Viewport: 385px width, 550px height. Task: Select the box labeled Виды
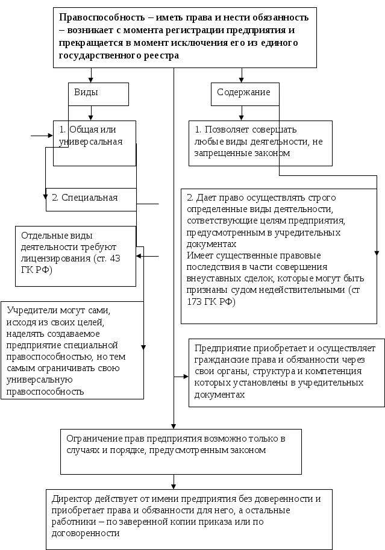tap(99, 93)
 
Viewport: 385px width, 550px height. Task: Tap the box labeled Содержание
tap(244, 93)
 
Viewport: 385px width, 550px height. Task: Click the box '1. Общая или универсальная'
tap(94, 142)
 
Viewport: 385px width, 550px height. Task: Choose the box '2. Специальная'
tap(90, 198)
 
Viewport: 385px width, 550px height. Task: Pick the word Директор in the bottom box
tap(72, 499)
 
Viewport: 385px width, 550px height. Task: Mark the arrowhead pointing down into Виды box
tap(92, 79)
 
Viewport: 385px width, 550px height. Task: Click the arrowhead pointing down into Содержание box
tap(242, 79)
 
